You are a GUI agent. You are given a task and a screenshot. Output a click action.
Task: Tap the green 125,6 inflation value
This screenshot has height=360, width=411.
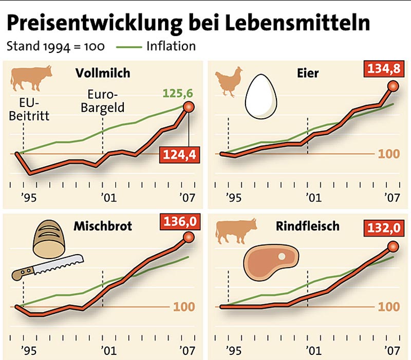pyautogui.click(x=177, y=94)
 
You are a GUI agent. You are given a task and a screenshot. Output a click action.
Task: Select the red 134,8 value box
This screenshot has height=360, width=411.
pyautogui.click(x=383, y=69)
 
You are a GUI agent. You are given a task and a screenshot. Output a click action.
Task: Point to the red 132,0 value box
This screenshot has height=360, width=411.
pyautogui.click(x=383, y=227)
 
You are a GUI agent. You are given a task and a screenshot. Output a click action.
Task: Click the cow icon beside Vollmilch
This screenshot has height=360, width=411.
pyautogui.click(x=31, y=77)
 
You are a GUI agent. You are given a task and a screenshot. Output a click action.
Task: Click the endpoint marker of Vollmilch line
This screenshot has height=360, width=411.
pyautogui.click(x=189, y=107)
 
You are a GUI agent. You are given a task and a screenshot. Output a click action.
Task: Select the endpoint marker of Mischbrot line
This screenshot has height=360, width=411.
pyautogui.click(x=189, y=237)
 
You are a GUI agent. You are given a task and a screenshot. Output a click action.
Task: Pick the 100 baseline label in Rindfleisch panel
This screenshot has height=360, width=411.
pyautogui.click(x=388, y=307)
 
